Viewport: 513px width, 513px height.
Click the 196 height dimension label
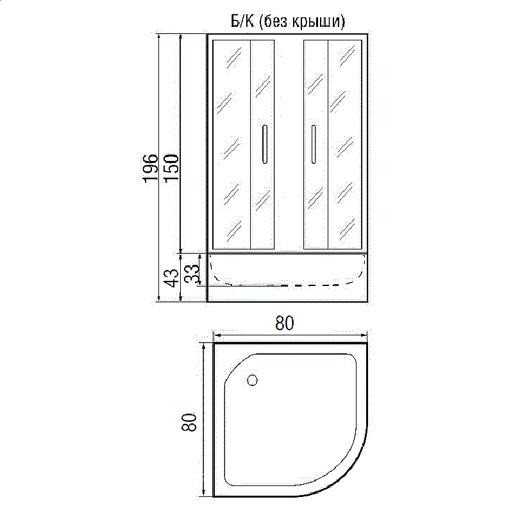point(149,168)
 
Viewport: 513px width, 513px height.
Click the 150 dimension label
point(170,168)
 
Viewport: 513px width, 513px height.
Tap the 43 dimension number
point(171,278)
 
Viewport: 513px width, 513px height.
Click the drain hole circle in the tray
point(252,380)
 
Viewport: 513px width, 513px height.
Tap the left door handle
point(264,144)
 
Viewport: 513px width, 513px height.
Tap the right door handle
point(313,144)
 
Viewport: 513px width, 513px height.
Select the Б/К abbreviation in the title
point(242,21)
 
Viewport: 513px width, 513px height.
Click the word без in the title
point(278,21)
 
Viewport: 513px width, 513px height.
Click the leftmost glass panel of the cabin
point(231,144)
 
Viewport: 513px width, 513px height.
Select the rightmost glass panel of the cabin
point(346,144)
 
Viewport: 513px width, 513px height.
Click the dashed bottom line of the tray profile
point(301,284)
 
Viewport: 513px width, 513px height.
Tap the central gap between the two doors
point(289,144)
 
